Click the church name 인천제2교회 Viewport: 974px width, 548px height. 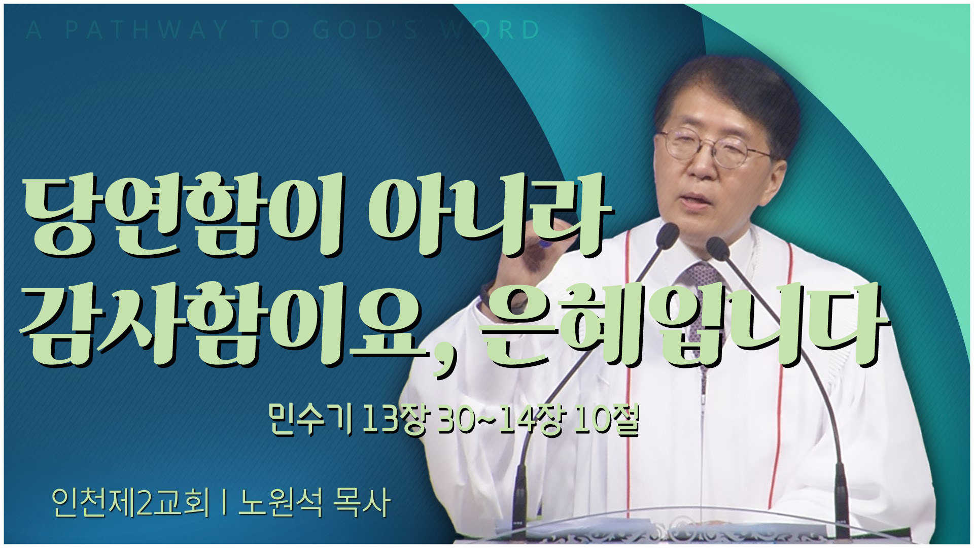(130, 502)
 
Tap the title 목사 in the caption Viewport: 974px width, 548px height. (361, 502)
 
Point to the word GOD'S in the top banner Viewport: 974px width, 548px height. (365, 30)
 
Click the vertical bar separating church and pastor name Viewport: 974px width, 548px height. (224, 503)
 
